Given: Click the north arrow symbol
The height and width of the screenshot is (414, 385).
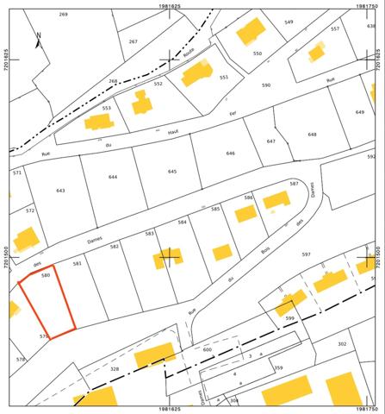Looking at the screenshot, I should click(38, 38).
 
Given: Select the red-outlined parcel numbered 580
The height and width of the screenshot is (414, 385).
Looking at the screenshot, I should click(47, 302).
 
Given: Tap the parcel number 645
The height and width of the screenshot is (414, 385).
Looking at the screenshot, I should click(171, 172).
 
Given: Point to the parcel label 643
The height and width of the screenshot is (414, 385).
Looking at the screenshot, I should click(59, 190).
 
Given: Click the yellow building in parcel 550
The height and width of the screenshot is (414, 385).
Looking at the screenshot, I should click(251, 32).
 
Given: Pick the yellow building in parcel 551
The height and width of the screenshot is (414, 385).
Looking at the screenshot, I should click(196, 75).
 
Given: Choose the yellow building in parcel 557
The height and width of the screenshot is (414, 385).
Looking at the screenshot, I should click(317, 52).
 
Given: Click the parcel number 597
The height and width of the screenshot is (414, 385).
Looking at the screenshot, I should click(329, 254).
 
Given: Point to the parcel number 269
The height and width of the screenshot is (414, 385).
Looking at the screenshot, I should click(63, 15).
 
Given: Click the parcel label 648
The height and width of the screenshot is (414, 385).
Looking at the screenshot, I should click(313, 134).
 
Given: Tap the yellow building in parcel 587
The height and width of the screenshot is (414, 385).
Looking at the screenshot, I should click(276, 200).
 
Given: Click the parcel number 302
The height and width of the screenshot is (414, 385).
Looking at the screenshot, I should click(343, 343).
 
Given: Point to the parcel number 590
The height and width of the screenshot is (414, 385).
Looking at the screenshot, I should click(266, 85).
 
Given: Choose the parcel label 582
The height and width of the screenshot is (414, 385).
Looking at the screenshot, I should click(115, 247).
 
